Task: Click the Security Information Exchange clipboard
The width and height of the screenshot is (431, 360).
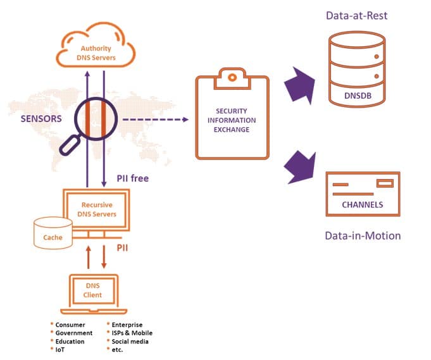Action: (232, 119)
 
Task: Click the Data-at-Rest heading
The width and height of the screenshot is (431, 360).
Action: (356, 15)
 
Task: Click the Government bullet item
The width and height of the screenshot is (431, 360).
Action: (73, 333)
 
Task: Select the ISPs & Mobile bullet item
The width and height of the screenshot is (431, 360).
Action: (132, 333)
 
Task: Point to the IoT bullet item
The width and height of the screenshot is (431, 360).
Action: (61, 349)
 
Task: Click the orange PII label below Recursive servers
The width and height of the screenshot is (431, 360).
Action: (122, 247)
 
